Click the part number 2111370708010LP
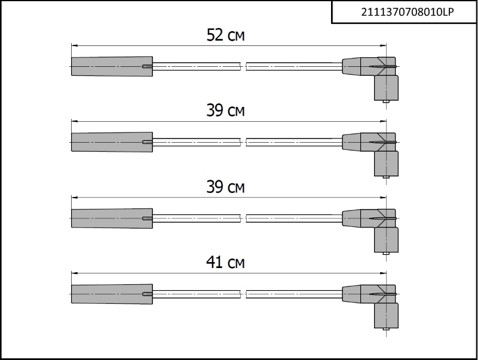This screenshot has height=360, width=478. click(407, 12)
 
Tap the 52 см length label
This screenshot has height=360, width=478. click(226, 35)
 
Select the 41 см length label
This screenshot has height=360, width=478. click(226, 262)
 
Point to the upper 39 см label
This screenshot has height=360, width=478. click(226, 110)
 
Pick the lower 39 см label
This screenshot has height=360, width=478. click(226, 187)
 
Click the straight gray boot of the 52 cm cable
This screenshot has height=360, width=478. click(112, 66)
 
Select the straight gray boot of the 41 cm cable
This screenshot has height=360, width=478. click(112, 294)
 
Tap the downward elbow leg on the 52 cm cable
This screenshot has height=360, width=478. click(386, 88)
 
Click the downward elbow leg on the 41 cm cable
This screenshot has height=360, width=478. click(386, 316)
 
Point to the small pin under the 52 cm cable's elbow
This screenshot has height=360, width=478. click(385, 101)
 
